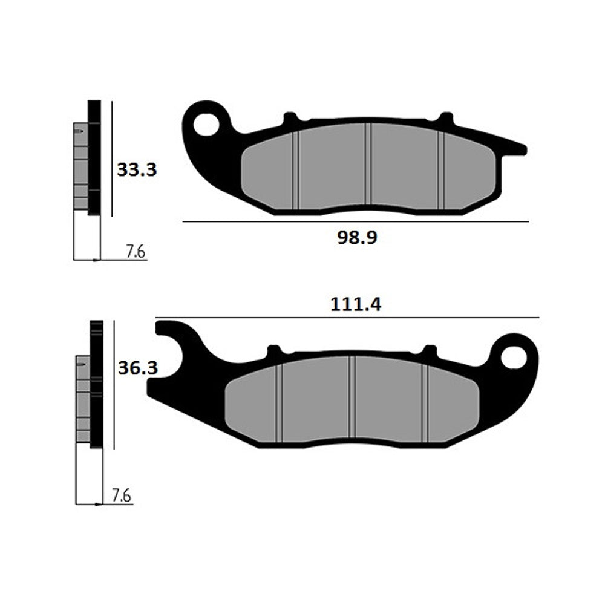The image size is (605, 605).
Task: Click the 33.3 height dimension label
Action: click(x=137, y=170)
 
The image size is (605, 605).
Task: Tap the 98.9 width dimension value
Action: click(x=357, y=238)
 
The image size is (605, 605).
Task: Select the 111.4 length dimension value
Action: click(x=356, y=304)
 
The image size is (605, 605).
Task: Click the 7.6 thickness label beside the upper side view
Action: click(x=136, y=252)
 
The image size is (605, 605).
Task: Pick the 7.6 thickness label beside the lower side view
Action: click(x=122, y=495)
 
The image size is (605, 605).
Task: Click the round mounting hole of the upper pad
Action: click(x=206, y=125)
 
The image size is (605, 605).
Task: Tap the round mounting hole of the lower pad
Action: click(x=513, y=358)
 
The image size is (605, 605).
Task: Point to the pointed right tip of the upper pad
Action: click(x=522, y=148)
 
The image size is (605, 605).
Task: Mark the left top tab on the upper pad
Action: click(x=291, y=117)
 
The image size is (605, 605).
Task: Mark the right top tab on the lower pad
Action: click(x=430, y=351)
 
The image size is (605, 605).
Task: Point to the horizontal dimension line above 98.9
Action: click(x=355, y=222)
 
